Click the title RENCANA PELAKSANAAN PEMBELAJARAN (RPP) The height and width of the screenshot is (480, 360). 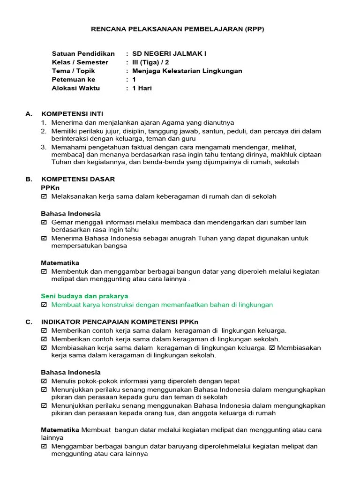(177, 29)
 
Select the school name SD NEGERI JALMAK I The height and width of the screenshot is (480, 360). (169, 53)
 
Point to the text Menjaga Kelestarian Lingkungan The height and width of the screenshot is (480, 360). (187, 71)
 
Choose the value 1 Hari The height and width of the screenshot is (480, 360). (142, 88)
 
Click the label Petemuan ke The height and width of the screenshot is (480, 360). (74, 80)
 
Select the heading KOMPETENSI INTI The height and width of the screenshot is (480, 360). (72, 114)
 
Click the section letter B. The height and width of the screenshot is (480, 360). (28, 179)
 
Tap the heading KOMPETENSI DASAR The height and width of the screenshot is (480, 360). (78, 179)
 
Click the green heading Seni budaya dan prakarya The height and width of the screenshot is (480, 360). (84, 296)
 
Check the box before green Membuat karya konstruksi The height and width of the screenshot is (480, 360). (44, 305)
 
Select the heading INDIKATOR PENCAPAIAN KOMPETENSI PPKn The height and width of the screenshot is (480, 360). (120, 322)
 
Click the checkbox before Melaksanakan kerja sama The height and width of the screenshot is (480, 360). (44, 196)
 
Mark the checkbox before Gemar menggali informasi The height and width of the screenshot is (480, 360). (44, 222)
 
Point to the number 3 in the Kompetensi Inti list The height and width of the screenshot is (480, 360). (43, 147)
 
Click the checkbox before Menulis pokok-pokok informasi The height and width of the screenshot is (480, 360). (44, 381)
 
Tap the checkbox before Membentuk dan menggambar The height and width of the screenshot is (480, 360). (44, 271)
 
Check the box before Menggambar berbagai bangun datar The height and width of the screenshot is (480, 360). (44, 446)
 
